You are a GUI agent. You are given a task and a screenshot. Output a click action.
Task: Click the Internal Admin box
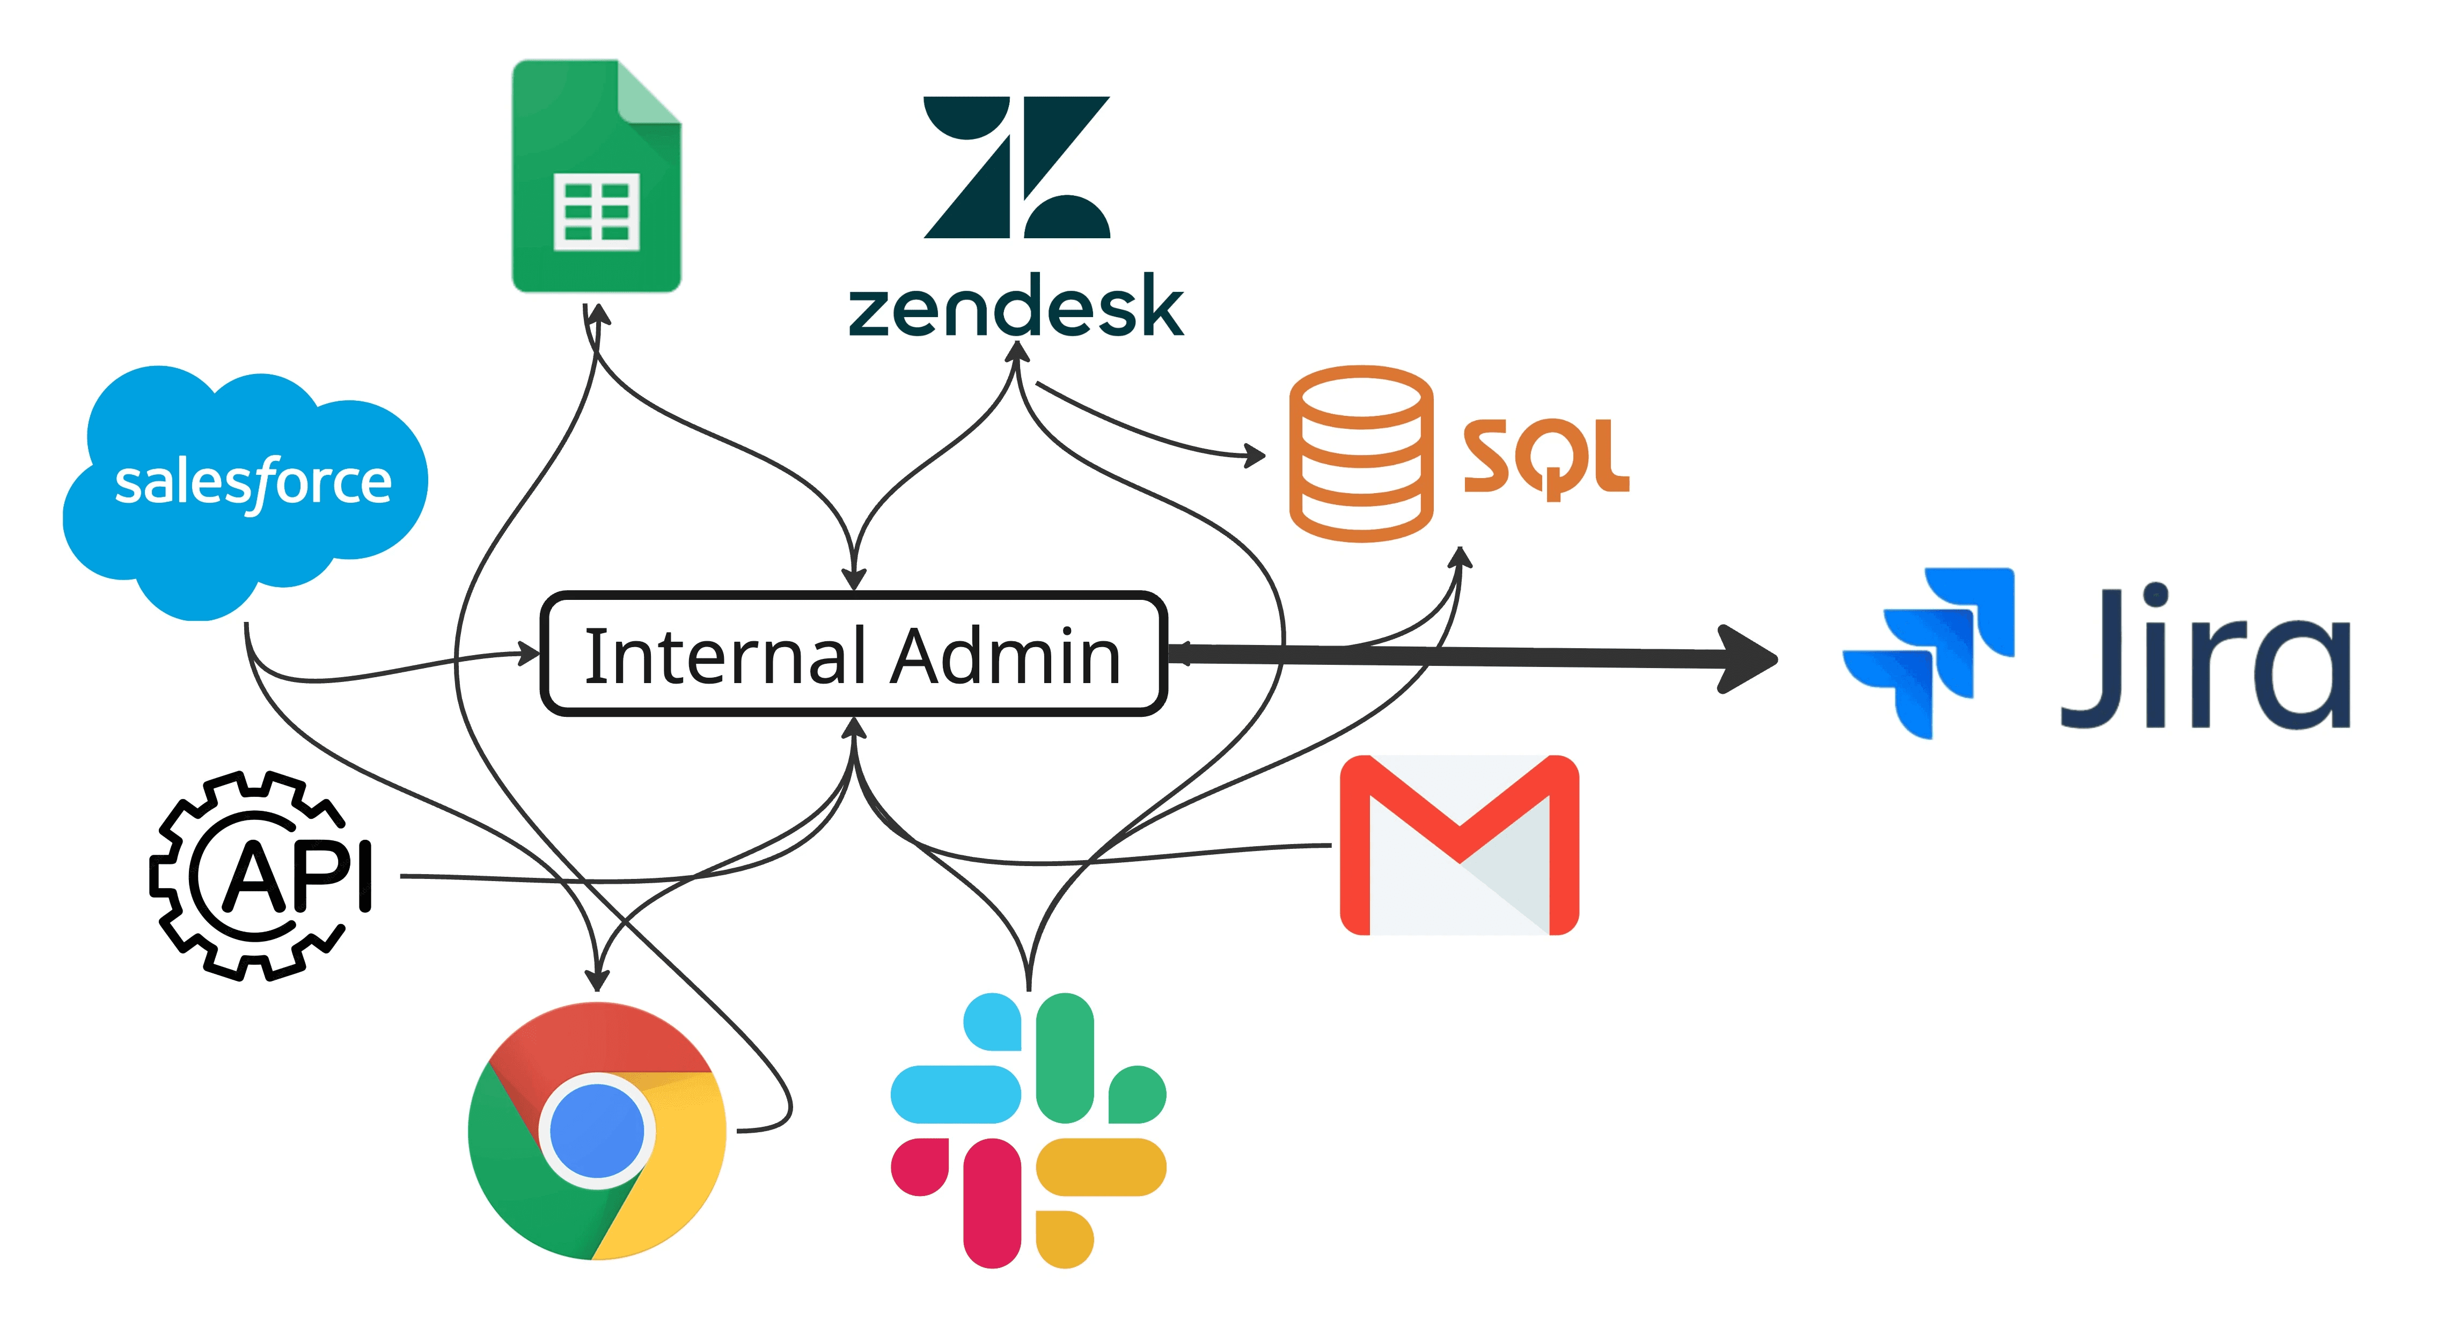point(853,654)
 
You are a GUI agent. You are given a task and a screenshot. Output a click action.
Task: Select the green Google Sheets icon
point(597,177)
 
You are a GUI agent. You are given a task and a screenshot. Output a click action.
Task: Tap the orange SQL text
point(1545,458)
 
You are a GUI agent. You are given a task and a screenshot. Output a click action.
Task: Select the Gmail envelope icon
point(1458,845)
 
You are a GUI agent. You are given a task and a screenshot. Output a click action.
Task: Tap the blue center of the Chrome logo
point(597,1131)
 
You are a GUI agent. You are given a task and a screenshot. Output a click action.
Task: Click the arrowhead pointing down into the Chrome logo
point(597,979)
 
